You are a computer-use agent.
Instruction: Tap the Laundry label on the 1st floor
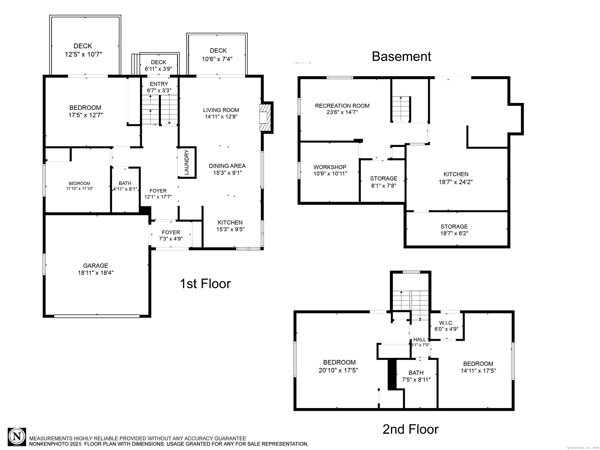187,162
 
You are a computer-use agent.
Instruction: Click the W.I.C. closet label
446,323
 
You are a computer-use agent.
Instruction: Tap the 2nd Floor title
410,429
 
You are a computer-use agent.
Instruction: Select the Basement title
401,56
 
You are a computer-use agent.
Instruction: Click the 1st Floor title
205,284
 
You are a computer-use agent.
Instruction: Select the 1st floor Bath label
125,183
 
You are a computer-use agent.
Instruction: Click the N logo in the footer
17,437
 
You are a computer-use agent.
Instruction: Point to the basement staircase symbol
401,109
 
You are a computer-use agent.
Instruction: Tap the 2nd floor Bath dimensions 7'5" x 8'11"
416,380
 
